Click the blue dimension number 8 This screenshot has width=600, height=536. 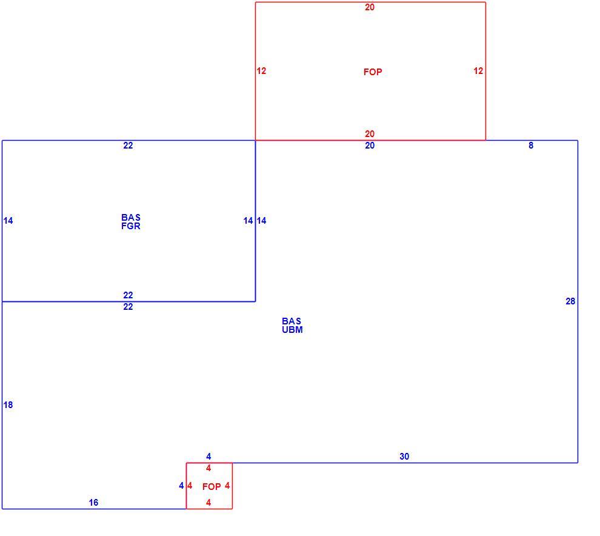531,146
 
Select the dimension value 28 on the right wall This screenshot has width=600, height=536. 570,301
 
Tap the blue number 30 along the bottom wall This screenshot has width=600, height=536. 404,457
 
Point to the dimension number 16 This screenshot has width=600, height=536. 93,503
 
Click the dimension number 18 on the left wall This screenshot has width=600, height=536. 8,404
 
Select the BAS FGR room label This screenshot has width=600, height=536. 131,222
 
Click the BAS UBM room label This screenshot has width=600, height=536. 292,326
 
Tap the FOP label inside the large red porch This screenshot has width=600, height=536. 373,72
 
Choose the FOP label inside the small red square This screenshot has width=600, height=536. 212,487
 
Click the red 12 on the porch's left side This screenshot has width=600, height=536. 261,71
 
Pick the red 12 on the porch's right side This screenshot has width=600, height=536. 478,71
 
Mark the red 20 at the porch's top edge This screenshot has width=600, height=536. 370,7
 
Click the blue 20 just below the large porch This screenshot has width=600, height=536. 370,146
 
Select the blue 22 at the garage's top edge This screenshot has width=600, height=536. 128,146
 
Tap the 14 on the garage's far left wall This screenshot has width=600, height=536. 8,221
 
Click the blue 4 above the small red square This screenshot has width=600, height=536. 208,457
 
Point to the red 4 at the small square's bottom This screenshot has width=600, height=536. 208,503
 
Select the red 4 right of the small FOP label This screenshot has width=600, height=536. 227,486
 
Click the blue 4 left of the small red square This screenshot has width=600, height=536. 181,486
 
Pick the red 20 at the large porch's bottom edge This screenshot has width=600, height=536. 370,134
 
